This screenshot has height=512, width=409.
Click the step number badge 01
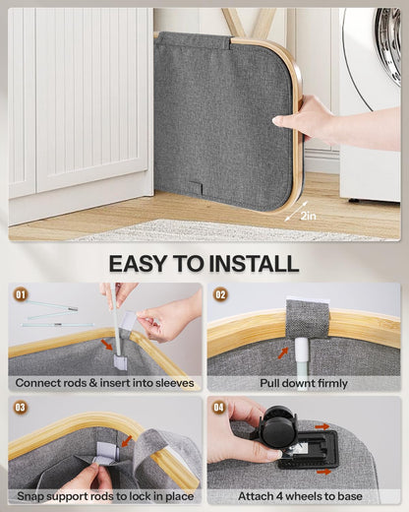click(21, 294)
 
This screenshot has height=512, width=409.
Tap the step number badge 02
click(220, 294)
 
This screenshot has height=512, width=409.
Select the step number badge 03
click(21, 408)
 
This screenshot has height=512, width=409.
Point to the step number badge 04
click(219, 408)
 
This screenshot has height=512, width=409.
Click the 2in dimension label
click(308, 216)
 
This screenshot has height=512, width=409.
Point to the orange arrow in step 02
click(283, 352)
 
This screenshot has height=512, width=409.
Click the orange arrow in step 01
click(107, 345)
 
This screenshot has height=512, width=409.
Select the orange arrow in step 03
click(127, 441)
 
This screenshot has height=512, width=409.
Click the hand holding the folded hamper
click(305, 119)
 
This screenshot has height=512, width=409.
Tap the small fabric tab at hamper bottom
click(196, 188)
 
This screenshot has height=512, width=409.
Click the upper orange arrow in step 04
click(322, 426)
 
